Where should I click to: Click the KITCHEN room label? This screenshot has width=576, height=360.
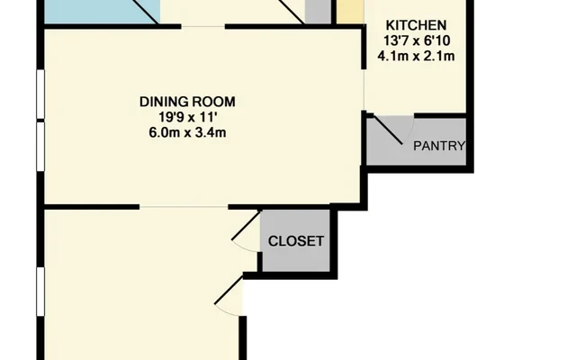[x=416, y=25]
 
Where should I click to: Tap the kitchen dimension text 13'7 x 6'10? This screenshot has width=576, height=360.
[x=417, y=40]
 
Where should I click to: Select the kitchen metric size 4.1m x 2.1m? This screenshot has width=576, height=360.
[x=416, y=56]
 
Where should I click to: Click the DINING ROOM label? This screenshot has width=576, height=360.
[x=187, y=102]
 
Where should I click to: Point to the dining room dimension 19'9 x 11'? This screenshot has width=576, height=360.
[x=187, y=117]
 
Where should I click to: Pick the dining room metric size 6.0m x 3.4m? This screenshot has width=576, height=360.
[x=187, y=132]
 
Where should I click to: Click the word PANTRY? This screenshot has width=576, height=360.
[x=439, y=146]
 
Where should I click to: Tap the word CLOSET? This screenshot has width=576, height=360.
[x=296, y=241]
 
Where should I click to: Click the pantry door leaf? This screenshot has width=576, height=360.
[x=388, y=130]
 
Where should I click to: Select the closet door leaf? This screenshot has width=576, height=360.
[x=246, y=225]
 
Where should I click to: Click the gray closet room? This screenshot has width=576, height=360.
[x=295, y=240]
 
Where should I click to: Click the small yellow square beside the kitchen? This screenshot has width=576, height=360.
[x=350, y=12]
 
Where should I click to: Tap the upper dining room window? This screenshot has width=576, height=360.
[x=40, y=94]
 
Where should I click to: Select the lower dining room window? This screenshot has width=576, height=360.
[x=40, y=147]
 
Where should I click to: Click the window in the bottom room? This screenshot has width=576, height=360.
[x=40, y=292]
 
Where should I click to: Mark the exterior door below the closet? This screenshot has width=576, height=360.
[x=229, y=290]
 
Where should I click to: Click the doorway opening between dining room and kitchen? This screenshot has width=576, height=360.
[x=364, y=90]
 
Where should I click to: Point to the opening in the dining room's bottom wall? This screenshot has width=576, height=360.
[x=184, y=207]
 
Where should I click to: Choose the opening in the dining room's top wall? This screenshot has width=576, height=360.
[x=203, y=26]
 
